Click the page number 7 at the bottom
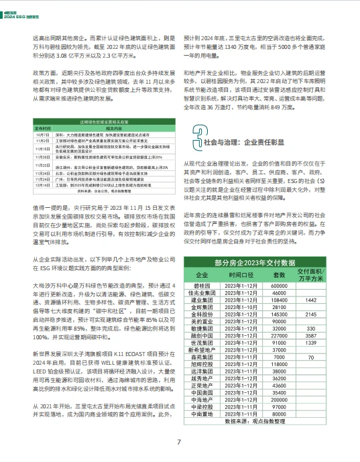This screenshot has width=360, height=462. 180,442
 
